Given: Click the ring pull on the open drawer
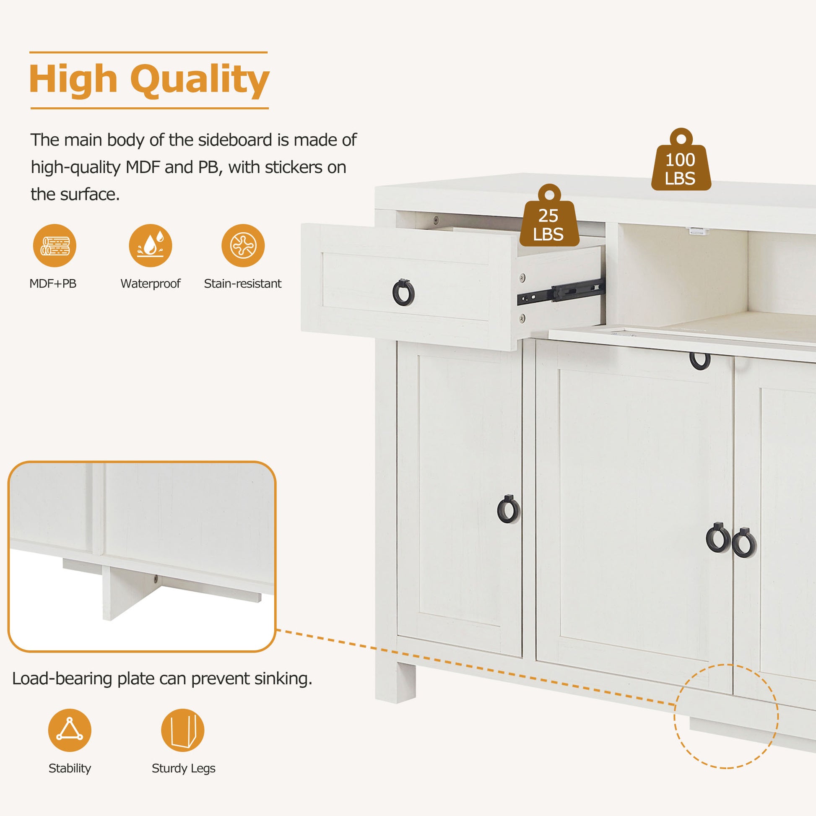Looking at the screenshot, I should tap(403, 292).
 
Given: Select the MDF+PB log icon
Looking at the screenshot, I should tap(55, 245).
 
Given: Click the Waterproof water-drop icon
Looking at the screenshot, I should tap(151, 245).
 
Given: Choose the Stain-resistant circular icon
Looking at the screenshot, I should tap(243, 245).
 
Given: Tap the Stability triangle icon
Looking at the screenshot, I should tap(70, 730).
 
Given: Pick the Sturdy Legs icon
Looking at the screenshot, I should tap(182, 730).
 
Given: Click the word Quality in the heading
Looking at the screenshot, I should tap(200, 80).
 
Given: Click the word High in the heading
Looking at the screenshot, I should tap(73, 80).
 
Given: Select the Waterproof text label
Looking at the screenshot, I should tap(151, 283).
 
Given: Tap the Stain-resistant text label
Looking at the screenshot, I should tap(242, 283).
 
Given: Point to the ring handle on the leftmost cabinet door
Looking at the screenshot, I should tap(508, 509).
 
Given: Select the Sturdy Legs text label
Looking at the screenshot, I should tap(183, 768).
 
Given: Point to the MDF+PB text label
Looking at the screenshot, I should tap(53, 283).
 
